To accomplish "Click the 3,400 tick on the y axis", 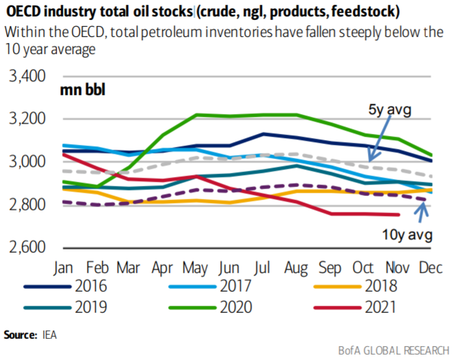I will [x=28, y=75].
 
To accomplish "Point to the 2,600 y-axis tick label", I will [x=28, y=247].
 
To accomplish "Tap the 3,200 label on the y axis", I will [x=28, y=119].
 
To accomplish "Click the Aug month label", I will [x=296, y=266].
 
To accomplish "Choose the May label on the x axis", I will [x=197, y=266].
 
